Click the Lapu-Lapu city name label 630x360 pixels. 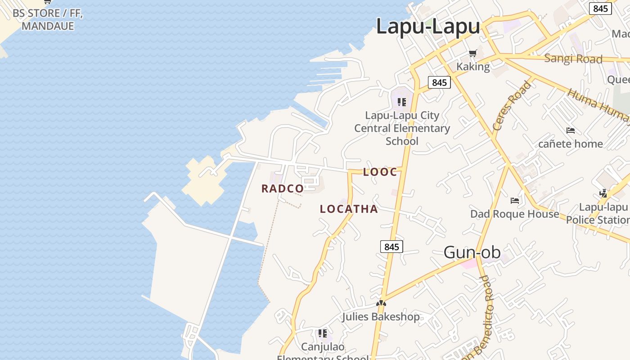click(428, 26)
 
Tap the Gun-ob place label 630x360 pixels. click(472, 252)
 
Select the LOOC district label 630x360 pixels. click(380, 172)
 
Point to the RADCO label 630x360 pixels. click(283, 189)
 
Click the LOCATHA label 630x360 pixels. click(349, 209)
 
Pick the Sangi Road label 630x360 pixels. click(573, 58)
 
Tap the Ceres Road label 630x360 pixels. click(512, 106)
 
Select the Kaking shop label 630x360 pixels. click(473, 67)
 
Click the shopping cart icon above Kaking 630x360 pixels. click(472, 54)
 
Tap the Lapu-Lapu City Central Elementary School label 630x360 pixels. click(402, 128)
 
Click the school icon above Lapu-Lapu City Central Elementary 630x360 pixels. click(402, 102)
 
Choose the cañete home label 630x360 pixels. click(571, 144)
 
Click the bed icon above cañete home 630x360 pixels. click(571, 131)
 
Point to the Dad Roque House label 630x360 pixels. click(515, 214)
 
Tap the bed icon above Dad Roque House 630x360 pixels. click(515, 200)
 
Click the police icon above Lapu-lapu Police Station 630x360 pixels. click(603, 193)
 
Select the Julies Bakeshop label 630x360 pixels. click(381, 317)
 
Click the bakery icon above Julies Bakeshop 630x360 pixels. click(381, 303)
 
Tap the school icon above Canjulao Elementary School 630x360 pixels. click(323, 333)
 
